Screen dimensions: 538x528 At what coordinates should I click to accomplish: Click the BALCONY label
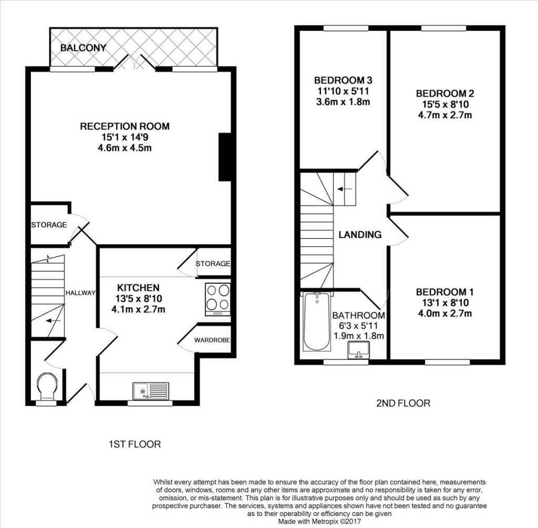click(x=84, y=48)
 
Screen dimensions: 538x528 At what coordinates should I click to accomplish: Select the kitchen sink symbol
click(x=151, y=391)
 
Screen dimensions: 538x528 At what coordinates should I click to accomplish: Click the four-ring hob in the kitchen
click(x=218, y=299)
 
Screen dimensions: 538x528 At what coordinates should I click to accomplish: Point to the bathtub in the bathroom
click(x=317, y=322)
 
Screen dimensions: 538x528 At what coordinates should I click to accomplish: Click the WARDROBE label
click(x=212, y=340)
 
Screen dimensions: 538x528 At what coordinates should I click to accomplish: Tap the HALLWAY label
click(x=80, y=293)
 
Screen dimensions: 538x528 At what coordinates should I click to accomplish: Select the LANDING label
click(x=360, y=235)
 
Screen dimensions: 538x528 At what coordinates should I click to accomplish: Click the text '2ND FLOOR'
click(x=403, y=403)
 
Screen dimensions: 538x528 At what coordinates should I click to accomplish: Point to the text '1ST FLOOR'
click(x=134, y=444)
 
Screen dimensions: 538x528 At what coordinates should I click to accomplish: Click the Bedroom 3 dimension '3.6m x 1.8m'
click(x=343, y=102)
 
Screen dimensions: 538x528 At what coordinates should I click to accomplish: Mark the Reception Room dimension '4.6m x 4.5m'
click(x=125, y=148)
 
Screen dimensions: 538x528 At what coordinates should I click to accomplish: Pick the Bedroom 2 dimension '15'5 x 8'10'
click(x=445, y=105)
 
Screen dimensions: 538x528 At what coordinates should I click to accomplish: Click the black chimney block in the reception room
click(x=225, y=157)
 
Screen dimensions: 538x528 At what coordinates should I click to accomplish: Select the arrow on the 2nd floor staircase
click(x=345, y=189)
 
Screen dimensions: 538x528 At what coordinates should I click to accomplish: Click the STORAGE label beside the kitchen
click(x=213, y=264)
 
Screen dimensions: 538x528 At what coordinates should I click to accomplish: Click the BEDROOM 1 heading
click(x=444, y=292)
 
